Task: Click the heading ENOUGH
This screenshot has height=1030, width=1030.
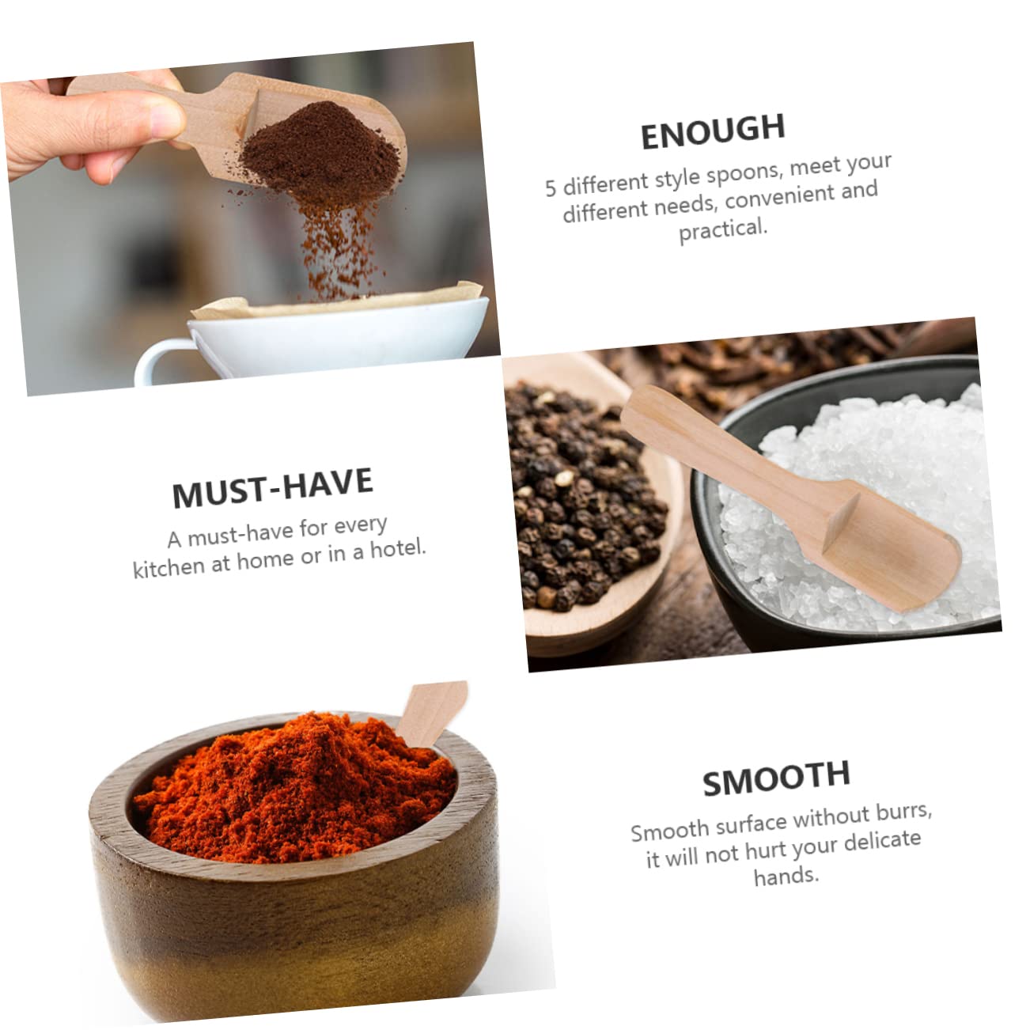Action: pos(712,131)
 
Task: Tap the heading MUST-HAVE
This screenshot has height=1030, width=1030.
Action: pos(272,487)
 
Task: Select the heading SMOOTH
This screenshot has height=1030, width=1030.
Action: pos(776,777)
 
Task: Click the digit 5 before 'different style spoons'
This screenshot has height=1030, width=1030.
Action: pos(551,188)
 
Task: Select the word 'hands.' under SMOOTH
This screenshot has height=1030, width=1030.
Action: pos(786,876)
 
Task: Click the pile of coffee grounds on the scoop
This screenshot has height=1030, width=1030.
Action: pos(316,150)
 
